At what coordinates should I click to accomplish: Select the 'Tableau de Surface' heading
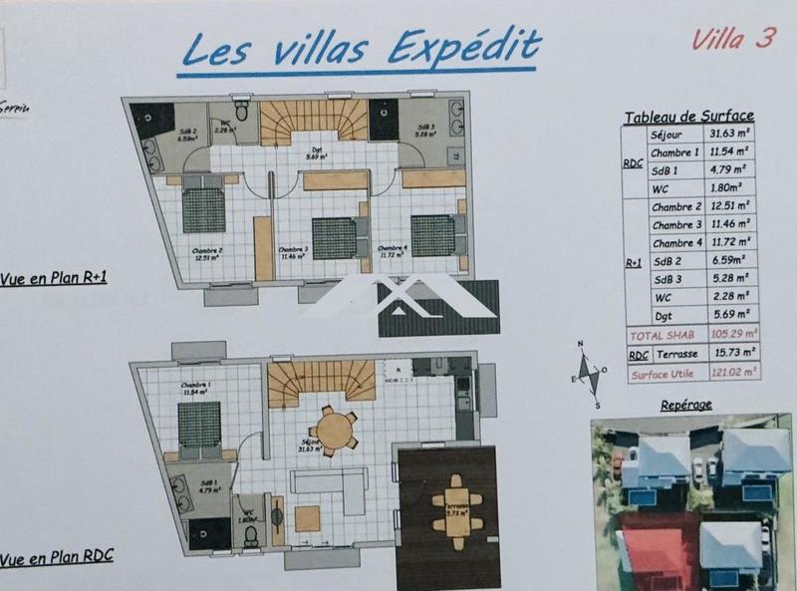coord(688,117)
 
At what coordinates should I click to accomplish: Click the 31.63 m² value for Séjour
coord(731,135)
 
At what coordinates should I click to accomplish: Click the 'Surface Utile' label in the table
coord(663,373)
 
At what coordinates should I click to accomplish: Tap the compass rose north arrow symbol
coord(590,376)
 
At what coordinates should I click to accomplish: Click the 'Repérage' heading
coord(686,407)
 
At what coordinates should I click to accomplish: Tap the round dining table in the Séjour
coord(336,431)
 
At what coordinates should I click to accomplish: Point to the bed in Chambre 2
coord(204,209)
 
